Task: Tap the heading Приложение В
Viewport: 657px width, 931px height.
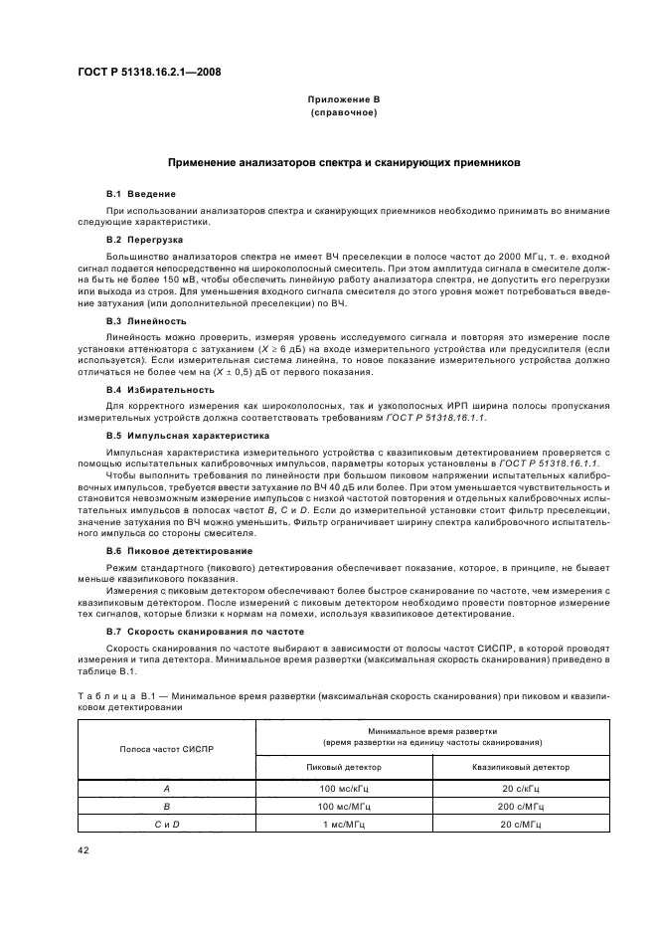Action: pos(343,101)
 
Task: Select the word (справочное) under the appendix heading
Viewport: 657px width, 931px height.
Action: pos(343,113)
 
